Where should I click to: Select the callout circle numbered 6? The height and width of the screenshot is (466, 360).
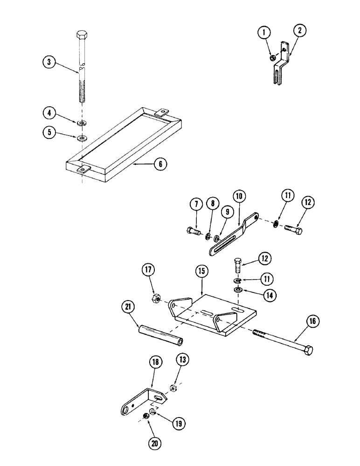tap(160, 164)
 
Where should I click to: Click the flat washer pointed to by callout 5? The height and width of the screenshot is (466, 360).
tap(83, 138)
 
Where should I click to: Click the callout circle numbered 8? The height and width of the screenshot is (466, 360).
tap(212, 203)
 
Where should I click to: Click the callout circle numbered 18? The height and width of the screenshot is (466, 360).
tap(155, 362)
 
